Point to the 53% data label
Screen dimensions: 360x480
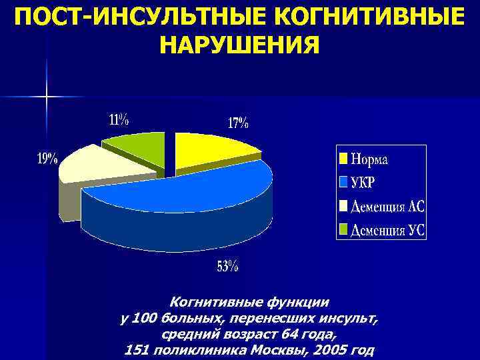227,267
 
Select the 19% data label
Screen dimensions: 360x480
47,159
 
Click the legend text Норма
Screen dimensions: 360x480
369,159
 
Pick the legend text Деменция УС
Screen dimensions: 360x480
387,230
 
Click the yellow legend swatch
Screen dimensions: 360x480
343,159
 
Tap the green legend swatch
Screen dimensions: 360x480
343,230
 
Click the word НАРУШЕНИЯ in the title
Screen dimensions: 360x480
240,45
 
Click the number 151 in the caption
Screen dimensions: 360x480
139,349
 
